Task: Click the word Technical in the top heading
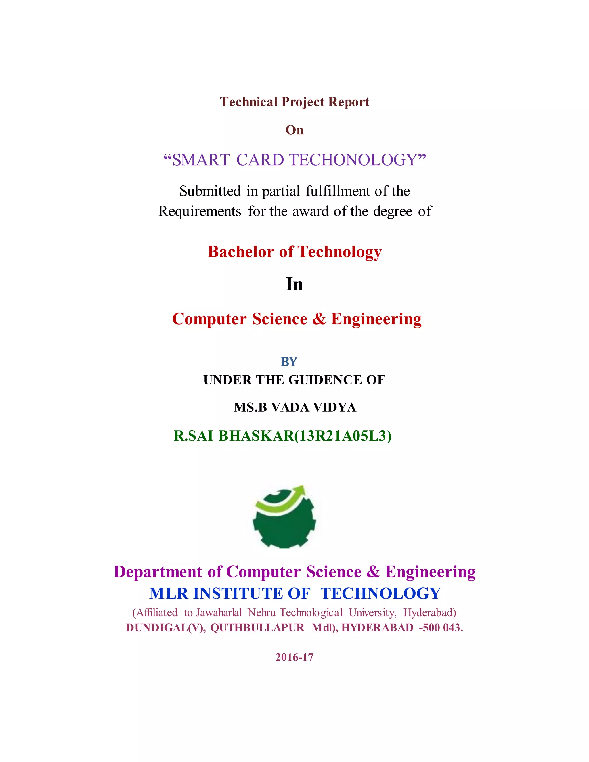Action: [248, 102]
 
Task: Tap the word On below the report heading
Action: [294, 130]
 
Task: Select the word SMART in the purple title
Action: [201, 160]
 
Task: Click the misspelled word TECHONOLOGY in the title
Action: [353, 160]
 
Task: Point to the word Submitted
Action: [210, 191]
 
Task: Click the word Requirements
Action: [200, 211]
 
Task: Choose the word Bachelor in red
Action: [240, 252]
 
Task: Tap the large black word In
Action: [294, 284]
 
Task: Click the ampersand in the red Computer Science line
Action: [319, 319]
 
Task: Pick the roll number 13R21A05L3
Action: [343, 436]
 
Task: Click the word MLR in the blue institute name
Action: [168, 594]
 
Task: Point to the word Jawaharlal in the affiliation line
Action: [219, 612]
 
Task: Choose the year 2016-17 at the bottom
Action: [294, 657]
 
